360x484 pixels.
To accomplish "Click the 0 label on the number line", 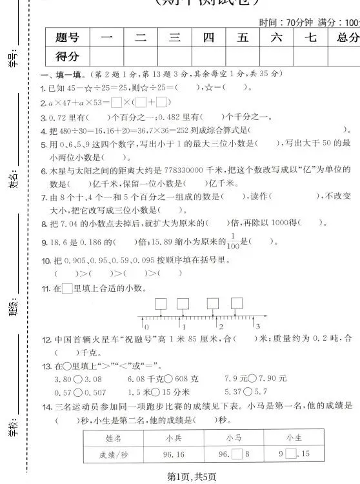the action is pos(147,327).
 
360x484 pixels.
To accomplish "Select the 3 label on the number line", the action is pos(257,327).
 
